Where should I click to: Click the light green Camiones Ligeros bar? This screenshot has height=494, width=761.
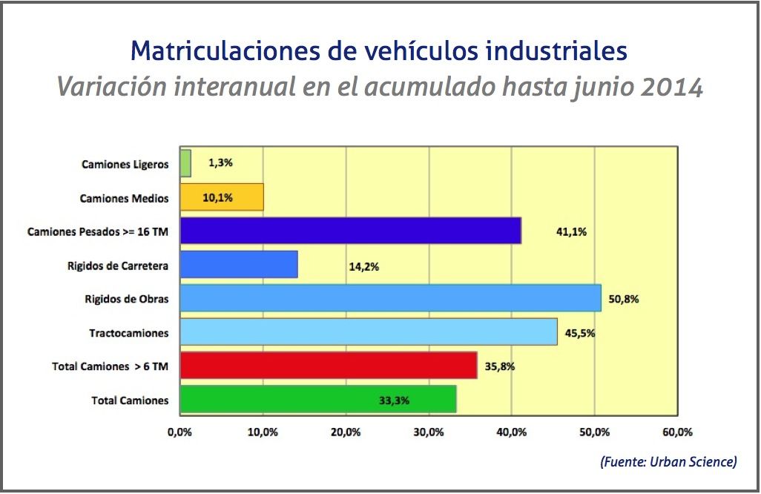point(185,163)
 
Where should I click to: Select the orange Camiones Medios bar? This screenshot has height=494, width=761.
point(222,197)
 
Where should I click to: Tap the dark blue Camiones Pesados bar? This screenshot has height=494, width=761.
point(350,231)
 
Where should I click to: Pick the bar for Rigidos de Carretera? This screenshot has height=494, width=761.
point(239,265)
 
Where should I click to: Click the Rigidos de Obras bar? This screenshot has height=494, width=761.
point(390,298)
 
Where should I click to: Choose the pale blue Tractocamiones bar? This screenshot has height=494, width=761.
point(369,332)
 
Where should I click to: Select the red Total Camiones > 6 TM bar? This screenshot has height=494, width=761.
point(328,366)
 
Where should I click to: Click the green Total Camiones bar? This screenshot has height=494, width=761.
point(317,400)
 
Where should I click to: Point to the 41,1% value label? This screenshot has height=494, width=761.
point(571,231)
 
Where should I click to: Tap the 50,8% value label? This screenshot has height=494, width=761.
point(624,299)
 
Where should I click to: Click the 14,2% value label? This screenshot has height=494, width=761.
point(363,266)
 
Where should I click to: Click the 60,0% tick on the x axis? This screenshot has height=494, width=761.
point(677,432)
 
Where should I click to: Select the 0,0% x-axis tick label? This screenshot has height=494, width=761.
point(180,432)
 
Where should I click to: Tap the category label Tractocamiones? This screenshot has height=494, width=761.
point(129,333)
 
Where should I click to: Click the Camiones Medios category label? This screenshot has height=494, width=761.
point(124,198)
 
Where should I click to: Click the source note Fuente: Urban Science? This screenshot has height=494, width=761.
point(668,462)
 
